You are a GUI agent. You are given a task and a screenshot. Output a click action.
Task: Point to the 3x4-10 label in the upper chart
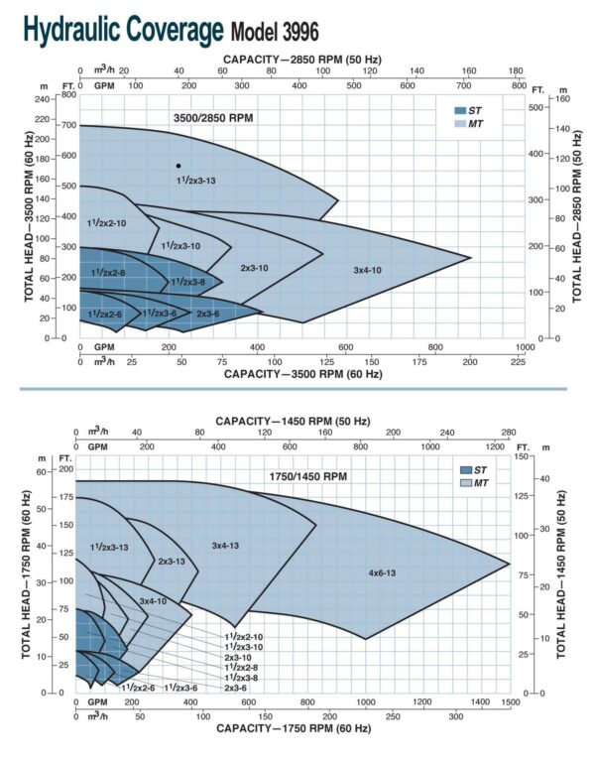368,270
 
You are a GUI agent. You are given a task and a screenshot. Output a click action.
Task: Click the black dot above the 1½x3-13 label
178,166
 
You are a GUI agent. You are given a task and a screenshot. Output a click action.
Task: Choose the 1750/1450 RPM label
307,477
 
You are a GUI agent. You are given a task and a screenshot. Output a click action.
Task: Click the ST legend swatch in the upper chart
460,110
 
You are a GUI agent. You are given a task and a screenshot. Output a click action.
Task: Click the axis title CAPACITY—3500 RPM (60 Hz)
302,374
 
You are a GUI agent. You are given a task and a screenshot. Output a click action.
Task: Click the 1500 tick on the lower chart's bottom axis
510,701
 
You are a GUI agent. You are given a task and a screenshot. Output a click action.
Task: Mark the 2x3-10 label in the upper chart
254,268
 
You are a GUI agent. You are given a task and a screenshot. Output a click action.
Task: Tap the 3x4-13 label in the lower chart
226,545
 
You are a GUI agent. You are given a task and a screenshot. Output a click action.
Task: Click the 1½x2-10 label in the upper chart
107,223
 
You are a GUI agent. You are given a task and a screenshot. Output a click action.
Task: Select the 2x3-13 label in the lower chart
171,562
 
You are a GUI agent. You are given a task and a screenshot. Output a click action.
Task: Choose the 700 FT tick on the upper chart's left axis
68,125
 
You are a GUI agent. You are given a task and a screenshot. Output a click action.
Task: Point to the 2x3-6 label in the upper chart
207,315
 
